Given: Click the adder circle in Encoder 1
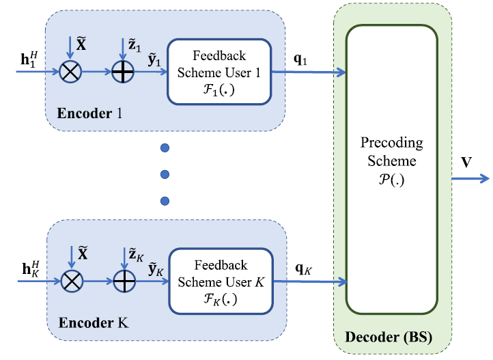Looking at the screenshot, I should coord(124,70).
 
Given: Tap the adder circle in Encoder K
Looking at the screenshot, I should coord(124,280).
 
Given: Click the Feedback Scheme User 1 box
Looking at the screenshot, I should coord(219,71).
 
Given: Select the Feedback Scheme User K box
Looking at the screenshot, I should coord(219,281).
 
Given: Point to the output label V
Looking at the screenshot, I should coord(467,163).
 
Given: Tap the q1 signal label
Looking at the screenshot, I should coord(300,59).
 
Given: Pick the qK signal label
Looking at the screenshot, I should coord(301,268).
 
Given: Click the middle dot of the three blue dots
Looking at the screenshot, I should coord(164,174).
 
